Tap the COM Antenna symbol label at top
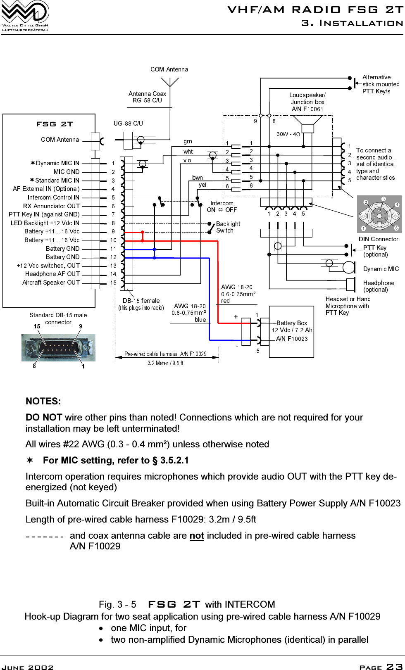(x=169, y=69)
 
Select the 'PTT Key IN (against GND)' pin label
(x=44, y=214)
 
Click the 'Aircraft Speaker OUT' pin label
(x=51, y=283)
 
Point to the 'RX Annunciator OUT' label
(x=51, y=206)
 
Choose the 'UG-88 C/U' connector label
(x=128, y=123)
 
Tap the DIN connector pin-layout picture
(x=379, y=214)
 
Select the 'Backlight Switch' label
(x=228, y=227)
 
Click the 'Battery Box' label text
(x=292, y=323)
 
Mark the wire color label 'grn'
(x=188, y=142)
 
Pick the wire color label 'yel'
(x=202, y=185)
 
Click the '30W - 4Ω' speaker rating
(x=288, y=134)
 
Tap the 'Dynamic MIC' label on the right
(x=381, y=269)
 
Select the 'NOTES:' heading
(x=43, y=401)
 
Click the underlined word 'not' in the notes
(x=197, y=536)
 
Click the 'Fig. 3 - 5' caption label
(x=117, y=605)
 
